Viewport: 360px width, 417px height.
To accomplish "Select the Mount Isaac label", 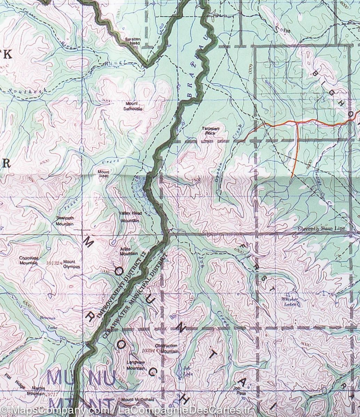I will [x=103, y=174].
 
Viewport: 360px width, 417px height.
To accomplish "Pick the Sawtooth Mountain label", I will [x=65, y=221].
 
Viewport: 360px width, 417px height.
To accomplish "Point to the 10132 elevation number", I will [x=53, y=264].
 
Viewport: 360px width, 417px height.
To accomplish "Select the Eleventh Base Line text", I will [x=322, y=228].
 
